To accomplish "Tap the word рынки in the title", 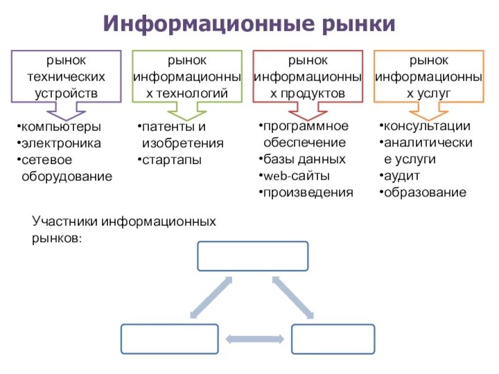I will pyautogui.click(x=359, y=24).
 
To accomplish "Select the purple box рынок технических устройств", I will pyautogui.click(x=66, y=77).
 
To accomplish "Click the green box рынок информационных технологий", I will pyautogui.click(x=187, y=77).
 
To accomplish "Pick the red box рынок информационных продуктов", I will pyautogui.click(x=308, y=77).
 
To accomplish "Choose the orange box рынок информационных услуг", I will pyautogui.click(x=428, y=77).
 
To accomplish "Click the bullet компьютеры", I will pyautogui.click(x=61, y=127).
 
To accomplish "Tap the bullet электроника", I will pyautogui.click(x=61, y=143).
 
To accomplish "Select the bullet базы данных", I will pyautogui.click(x=304, y=159).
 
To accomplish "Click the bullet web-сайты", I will pyautogui.click(x=296, y=176).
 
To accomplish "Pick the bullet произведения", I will pyautogui.click(x=308, y=192).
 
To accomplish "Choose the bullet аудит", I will pyautogui.click(x=402, y=176).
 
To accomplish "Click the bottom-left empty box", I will pyautogui.click(x=161, y=338).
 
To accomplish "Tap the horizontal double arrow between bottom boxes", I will pyautogui.click(x=247, y=339).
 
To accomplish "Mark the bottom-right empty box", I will pyautogui.click(x=333, y=338).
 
